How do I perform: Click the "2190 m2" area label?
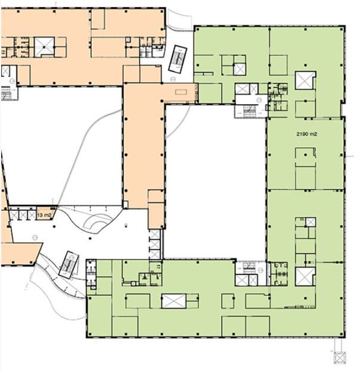pos(306,134)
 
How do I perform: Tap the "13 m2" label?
pos(44,215)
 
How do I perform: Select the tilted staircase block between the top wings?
pos(178,58)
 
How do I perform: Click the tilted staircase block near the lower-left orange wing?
pos(69,264)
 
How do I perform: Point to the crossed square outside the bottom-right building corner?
pos(340,357)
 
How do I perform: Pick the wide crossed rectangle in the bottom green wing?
pos(173,301)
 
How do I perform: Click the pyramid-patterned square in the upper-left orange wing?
pos(44,47)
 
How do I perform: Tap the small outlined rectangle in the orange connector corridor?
pos(181,92)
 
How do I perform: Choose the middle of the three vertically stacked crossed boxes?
pos(154,244)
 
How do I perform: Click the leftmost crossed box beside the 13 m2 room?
pos(14,216)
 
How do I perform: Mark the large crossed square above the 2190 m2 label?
pos(305,80)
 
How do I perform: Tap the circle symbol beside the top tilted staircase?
pos(173,79)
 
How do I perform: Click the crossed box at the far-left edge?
pos(5,71)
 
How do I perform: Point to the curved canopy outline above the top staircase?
pos(179,20)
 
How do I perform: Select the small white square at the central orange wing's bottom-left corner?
pos(126,204)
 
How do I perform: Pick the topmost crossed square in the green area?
pos(240,70)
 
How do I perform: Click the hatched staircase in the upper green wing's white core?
pos(250,111)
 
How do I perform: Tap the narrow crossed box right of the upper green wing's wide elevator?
pos(254,89)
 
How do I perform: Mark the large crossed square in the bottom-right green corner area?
pos(305,276)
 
